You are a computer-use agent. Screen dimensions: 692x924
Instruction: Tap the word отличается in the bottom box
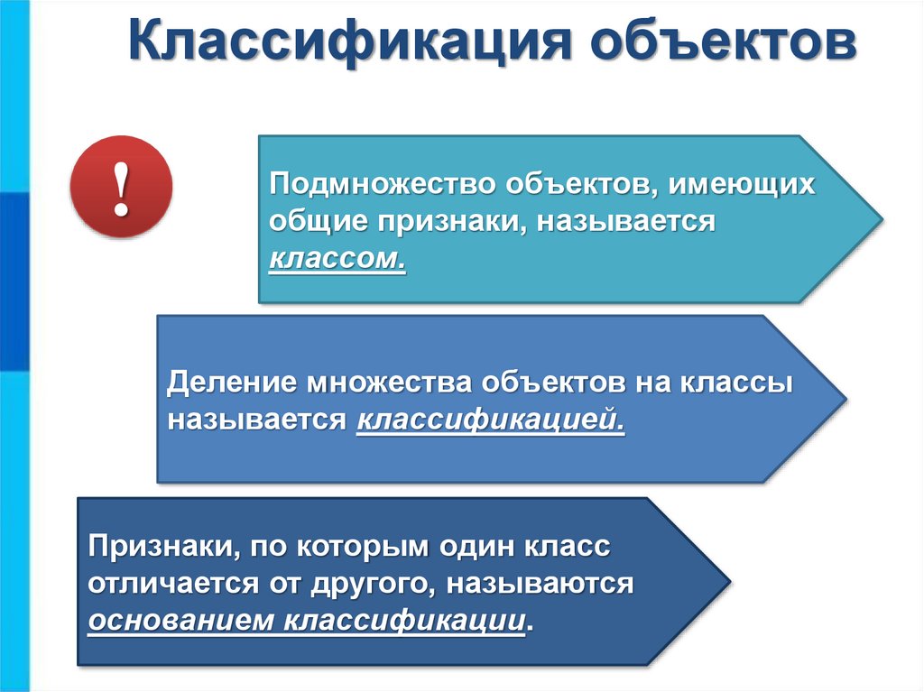tap(166, 583)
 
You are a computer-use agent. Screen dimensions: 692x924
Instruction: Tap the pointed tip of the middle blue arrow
tap(845, 398)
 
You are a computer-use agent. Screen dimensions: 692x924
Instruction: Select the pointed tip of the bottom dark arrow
tap(728, 582)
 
